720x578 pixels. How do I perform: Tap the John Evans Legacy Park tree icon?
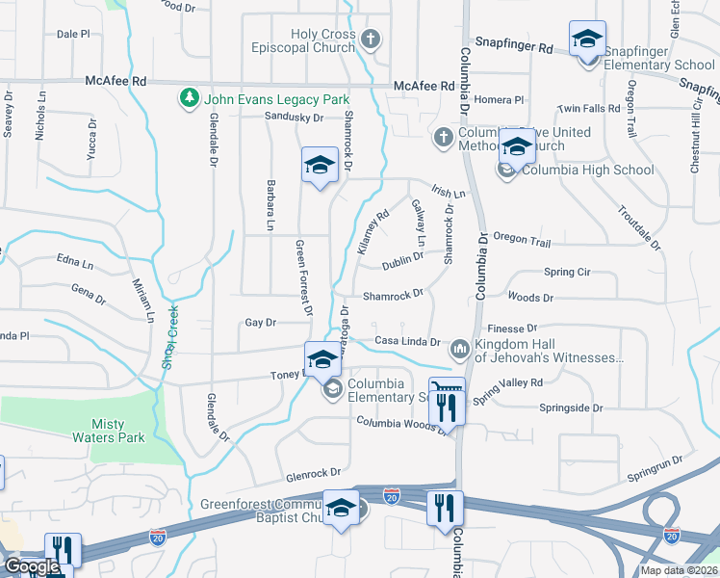click(x=189, y=99)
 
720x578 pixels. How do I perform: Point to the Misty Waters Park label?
click(x=118, y=431)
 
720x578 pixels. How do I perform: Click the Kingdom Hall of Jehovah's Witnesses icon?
click(x=460, y=347)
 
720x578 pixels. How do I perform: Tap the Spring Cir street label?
click(x=566, y=273)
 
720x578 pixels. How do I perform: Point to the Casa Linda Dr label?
click(x=406, y=342)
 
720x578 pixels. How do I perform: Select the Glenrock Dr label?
click(x=314, y=473)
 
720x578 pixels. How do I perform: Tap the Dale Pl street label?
click(x=73, y=34)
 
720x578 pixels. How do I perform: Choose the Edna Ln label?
click(x=75, y=263)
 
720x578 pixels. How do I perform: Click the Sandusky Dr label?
click(x=295, y=118)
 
